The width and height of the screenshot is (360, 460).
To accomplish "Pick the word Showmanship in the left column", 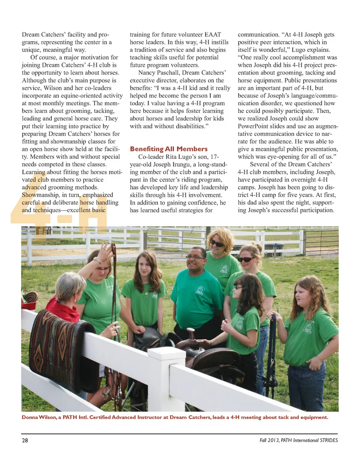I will [39, 195].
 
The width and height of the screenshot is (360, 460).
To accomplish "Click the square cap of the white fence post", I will [166, 352].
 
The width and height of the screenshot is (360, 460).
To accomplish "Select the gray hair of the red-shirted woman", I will [70, 286].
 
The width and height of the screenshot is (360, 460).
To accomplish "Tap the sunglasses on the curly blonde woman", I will [217, 243].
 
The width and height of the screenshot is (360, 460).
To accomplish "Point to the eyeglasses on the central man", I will [195, 257].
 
